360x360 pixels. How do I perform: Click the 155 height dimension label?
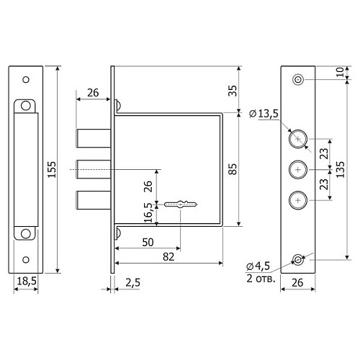52,169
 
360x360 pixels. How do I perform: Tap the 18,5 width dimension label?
27,281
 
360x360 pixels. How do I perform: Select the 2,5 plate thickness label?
132,283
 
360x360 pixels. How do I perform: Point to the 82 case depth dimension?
168,257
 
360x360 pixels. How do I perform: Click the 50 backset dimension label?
148,242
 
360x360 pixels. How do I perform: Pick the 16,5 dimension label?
148,213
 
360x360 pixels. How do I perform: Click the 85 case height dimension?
233,169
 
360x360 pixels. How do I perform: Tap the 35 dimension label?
233,91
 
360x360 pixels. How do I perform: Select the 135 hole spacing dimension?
341,169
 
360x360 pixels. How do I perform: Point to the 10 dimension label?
341,72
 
